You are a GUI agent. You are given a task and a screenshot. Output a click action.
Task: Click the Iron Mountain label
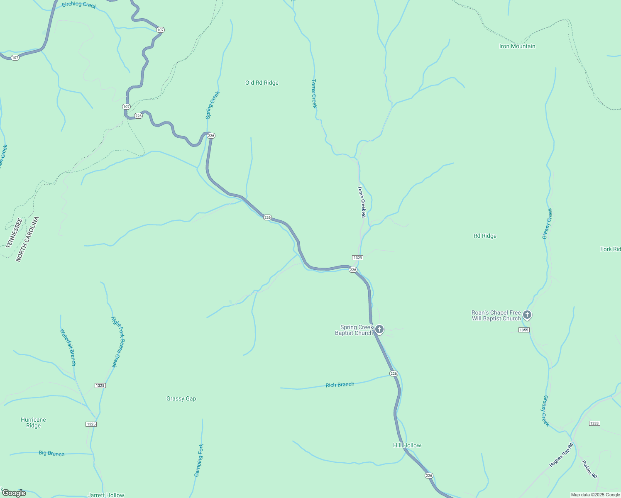517,46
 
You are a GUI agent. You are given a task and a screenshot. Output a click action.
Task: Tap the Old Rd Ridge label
262,83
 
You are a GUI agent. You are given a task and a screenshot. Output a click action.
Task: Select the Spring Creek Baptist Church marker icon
379,330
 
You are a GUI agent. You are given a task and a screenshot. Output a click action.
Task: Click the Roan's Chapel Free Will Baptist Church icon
527,315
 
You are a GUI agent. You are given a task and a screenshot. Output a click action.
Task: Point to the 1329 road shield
357,258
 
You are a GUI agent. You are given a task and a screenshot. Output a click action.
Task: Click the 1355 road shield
524,330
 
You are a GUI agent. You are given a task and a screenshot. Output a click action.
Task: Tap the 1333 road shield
594,423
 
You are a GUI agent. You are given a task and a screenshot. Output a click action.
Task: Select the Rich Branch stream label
340,385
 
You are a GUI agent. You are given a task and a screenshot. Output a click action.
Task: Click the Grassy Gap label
181,398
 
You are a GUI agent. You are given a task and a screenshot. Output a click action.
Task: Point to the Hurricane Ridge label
33,422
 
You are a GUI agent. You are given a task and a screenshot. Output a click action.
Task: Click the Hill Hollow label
407,445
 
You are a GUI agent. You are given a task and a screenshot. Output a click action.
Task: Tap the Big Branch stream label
51,453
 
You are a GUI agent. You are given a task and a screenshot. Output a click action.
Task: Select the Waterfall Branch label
68,347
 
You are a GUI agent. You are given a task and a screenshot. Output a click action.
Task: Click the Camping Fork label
199,460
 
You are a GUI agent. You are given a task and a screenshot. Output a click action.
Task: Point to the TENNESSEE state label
14,233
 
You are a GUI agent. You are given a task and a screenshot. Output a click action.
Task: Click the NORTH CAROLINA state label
27,239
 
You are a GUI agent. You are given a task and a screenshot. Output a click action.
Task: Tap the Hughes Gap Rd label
561,455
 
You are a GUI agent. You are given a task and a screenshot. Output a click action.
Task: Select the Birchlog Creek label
79,5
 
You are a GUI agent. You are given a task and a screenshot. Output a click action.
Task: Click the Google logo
14,493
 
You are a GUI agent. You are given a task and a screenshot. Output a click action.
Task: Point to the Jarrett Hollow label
106,495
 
